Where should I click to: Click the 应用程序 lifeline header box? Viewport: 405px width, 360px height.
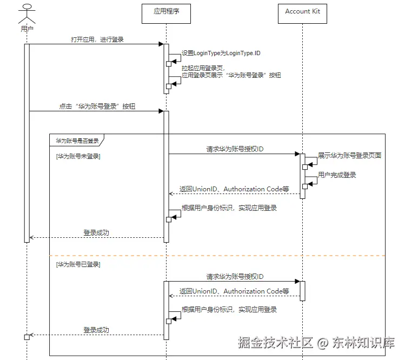[166, 14]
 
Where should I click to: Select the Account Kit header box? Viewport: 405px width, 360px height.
[302, 14]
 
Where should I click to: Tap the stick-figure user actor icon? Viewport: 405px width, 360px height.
[27, 14]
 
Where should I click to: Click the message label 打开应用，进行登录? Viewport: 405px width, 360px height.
[97, 39]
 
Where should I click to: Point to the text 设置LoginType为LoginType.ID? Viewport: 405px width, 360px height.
[221, 53]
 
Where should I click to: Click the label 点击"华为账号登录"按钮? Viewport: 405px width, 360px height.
[97, 106]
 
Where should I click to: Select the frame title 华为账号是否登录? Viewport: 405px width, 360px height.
[77, 141]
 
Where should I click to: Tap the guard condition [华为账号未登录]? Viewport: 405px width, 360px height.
[78, 156]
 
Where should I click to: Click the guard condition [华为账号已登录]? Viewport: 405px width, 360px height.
[78, 264]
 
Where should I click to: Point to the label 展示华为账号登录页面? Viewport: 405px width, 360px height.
[349, 156]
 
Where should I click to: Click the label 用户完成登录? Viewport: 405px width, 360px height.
[337, 175]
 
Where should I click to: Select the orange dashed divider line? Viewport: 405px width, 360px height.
[217, 256]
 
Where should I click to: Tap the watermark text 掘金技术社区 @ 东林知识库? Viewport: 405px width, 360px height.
[316, 343]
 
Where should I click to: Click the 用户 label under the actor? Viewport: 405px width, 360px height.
[27, 29]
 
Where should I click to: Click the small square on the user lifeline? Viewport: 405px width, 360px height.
[27, 337]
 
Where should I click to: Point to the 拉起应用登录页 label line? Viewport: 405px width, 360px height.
[203, 68]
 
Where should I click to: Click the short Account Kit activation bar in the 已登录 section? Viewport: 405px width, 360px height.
[302, 291]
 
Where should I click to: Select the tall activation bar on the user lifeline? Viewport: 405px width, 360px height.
[27, 143]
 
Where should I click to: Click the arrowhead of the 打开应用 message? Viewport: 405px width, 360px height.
[161, 44]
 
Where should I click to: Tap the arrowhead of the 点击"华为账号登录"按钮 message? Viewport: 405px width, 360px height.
[161, 111]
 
